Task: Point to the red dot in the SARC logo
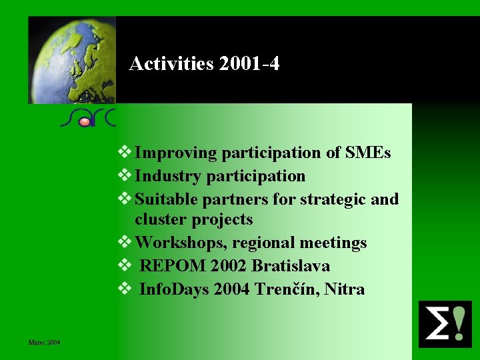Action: (x=84, y=122)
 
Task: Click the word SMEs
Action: (x=368, y=153)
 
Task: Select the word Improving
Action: (x=176, y=153)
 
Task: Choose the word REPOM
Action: (x=173, y=266)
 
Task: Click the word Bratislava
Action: (x=291, y=266)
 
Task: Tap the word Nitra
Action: (x=345, y=289)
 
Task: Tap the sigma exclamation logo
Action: (x=444, y=324)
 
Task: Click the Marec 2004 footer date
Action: (x=44, y=343)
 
